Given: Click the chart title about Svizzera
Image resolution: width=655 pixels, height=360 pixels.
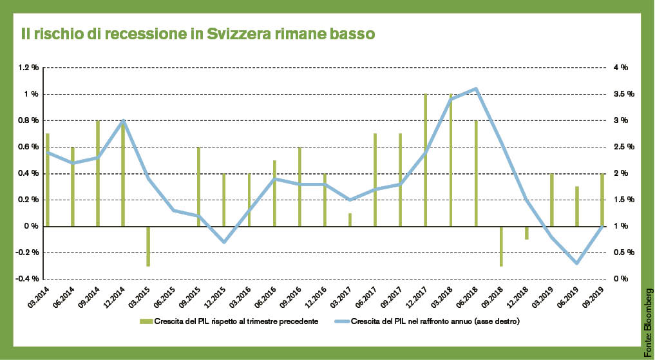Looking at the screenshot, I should [x=198, y=32].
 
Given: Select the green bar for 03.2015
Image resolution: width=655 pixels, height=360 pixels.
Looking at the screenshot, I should [x=148, y=246].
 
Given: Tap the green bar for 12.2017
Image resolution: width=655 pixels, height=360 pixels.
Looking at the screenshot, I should [x=426, y=160].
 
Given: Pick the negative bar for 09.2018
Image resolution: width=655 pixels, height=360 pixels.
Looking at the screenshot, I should [x=501, y=246].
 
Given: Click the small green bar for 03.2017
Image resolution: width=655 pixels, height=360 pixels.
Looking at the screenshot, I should [x=350, y=220].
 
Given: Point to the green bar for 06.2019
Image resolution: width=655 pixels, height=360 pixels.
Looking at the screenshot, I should [x=577, y=206].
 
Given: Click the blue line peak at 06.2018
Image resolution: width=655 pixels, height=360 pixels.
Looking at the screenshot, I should [x=476, y=89].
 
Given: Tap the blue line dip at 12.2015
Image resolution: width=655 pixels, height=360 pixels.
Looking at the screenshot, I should [x=223, y=242].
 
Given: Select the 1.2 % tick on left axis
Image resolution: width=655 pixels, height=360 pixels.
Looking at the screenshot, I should [x=28, y=68].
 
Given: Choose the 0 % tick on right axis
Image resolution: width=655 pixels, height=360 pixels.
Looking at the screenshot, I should [x=620, y=279].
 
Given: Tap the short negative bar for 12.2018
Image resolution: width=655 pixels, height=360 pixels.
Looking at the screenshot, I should [x=526, y=233].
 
